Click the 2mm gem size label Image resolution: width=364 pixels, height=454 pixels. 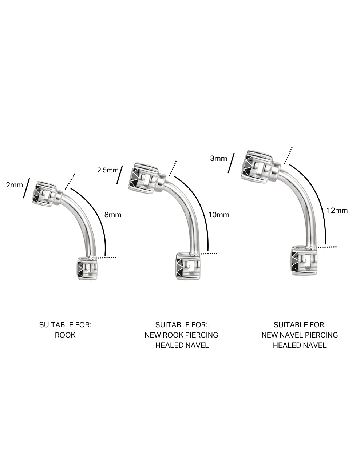14,185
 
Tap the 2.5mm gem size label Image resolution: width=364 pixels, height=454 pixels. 108,170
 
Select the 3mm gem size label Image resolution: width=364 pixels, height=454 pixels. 218,158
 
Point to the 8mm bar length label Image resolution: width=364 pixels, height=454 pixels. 113,215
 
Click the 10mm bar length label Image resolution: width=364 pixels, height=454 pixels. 219,215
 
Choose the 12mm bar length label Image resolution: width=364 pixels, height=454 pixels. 337,210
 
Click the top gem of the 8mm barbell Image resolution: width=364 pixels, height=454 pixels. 44,194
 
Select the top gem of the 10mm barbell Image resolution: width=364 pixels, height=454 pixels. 143,178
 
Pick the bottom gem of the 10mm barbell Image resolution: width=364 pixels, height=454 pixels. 188,266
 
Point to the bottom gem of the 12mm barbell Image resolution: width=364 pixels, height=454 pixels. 304,260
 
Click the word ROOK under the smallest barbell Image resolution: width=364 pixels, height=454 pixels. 65,335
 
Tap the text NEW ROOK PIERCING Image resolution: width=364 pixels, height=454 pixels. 181,335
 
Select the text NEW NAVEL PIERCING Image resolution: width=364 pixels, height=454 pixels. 300,335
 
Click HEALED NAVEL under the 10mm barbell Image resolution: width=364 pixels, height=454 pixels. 182,345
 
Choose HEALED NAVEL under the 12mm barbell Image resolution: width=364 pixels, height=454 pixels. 300,345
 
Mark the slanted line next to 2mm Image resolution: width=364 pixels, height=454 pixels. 27,188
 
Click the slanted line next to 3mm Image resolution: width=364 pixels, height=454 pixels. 231,163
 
